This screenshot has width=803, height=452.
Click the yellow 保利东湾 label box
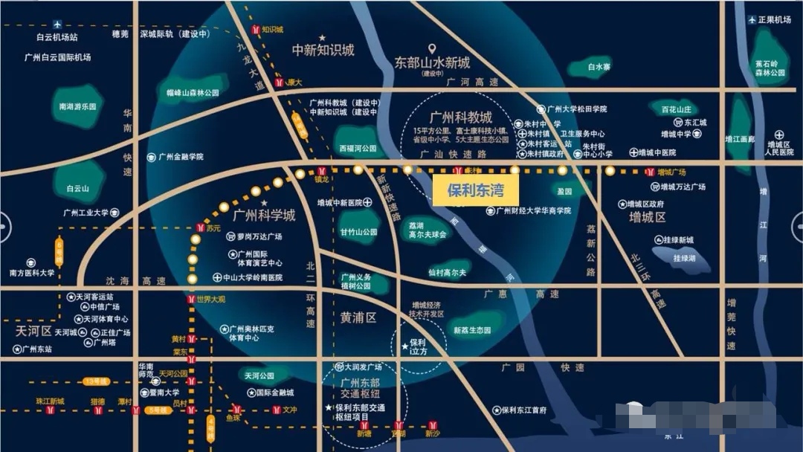pos(475,190)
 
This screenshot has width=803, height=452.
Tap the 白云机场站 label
pos(57,36)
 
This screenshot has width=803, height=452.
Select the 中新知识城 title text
pos(323,51)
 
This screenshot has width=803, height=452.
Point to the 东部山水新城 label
pos(432,63)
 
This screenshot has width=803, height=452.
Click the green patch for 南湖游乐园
pos(78,106)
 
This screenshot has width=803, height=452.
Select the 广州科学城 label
pos(264,216)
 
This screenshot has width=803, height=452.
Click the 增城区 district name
pos(648,217)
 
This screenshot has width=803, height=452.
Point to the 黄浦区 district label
pos(359,318)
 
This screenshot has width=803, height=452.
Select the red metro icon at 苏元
pos(199,227)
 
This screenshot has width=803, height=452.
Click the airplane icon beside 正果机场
pos(752,19)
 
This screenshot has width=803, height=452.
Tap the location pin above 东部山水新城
pos(431,48)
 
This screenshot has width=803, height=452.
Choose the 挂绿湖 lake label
pos(684,258)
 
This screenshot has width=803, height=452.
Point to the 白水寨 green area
pos(599,67)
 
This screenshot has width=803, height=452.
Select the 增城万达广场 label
pos(683,187)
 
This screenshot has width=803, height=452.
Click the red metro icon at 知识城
pos(257,30)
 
